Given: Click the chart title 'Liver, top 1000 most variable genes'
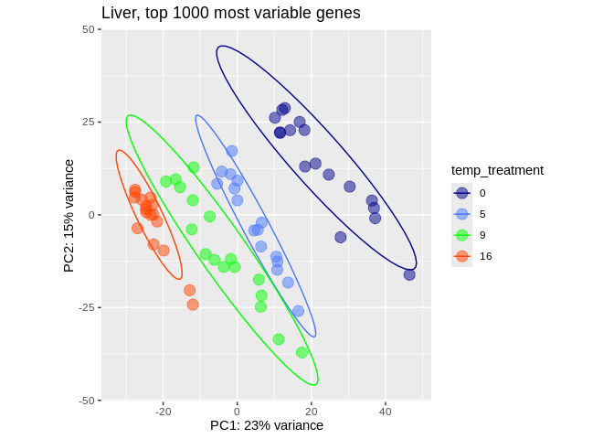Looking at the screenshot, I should click(230, 13).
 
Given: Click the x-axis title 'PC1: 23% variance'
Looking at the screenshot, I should click(267, 425).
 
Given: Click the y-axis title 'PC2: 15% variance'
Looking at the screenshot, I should click(69, 215).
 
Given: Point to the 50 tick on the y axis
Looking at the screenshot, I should click(89, 29).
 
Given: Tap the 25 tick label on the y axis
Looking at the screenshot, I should click(89, 122).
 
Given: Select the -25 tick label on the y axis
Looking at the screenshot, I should click(87, 307).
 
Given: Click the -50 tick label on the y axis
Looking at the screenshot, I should click(87, 401).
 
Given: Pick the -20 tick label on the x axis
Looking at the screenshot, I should click(163, 412).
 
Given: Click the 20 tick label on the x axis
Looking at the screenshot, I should click(311, 412).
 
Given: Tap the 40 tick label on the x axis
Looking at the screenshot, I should click(385, 412).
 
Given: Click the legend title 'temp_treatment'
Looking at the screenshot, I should click(497, 170).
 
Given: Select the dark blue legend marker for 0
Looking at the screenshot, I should click(462, 193).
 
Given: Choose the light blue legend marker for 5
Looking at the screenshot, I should click(462, 214).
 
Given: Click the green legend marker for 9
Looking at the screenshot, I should click(462, 235).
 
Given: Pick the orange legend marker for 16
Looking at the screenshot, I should click(462, 256).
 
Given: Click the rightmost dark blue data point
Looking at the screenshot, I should click(409, 274).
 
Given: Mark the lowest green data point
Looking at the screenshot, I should click(302, 352).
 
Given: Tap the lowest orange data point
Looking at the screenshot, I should click(193, 305).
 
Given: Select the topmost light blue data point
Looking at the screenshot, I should click(232, 151).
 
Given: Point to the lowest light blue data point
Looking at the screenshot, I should click(298, 311).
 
